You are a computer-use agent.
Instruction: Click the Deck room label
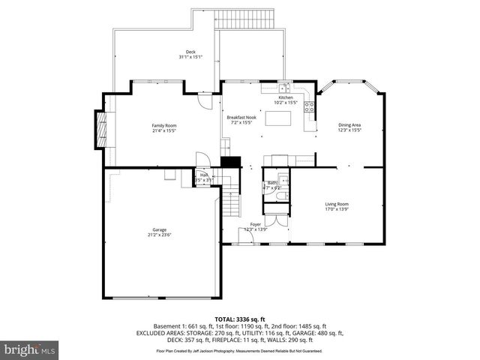coord(190,55)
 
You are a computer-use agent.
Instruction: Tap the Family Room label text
coord(164,127)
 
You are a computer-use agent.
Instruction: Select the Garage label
coord(160,232)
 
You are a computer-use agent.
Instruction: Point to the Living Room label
coord(337,206)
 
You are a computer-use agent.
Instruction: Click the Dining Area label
coord(349,127)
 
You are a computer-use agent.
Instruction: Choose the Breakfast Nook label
coord(242,120)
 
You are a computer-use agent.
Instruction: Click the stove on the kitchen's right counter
coord(308,109)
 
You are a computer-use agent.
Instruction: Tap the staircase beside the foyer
coord(232,202)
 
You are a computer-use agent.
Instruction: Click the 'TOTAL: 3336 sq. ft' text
coord(240,318)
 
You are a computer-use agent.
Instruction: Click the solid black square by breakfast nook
coord(230,161)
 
